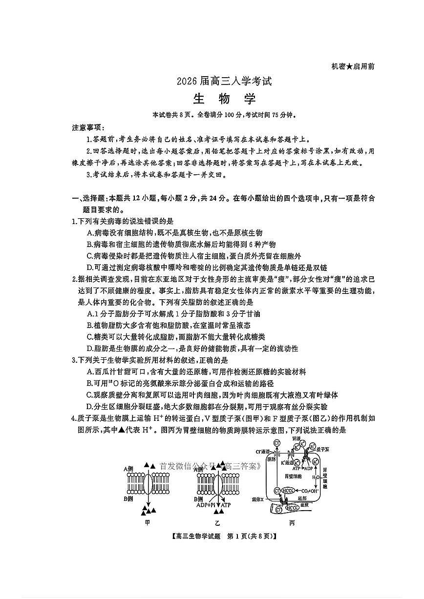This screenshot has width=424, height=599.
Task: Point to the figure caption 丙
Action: (x=292, y=523)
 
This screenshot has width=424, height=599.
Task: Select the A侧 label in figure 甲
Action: (x=128, y=469)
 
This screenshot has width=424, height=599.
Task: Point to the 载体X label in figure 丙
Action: (x=257, y=500)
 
